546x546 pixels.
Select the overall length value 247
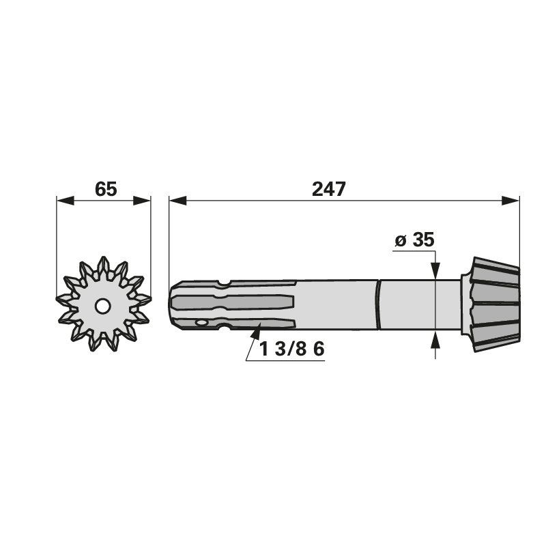[330, 189]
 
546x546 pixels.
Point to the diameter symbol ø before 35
[401, 240]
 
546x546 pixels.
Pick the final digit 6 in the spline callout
[317, 349]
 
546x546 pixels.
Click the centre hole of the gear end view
[102, 306]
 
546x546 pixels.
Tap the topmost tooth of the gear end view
[104, 263]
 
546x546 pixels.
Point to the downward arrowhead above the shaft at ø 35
[434, 272]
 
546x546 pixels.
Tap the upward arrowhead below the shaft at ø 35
[434, 340]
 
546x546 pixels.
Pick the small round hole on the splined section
[201, 323]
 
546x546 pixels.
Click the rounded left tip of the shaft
[172, 305]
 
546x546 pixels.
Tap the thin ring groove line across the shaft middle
[377, 305]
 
